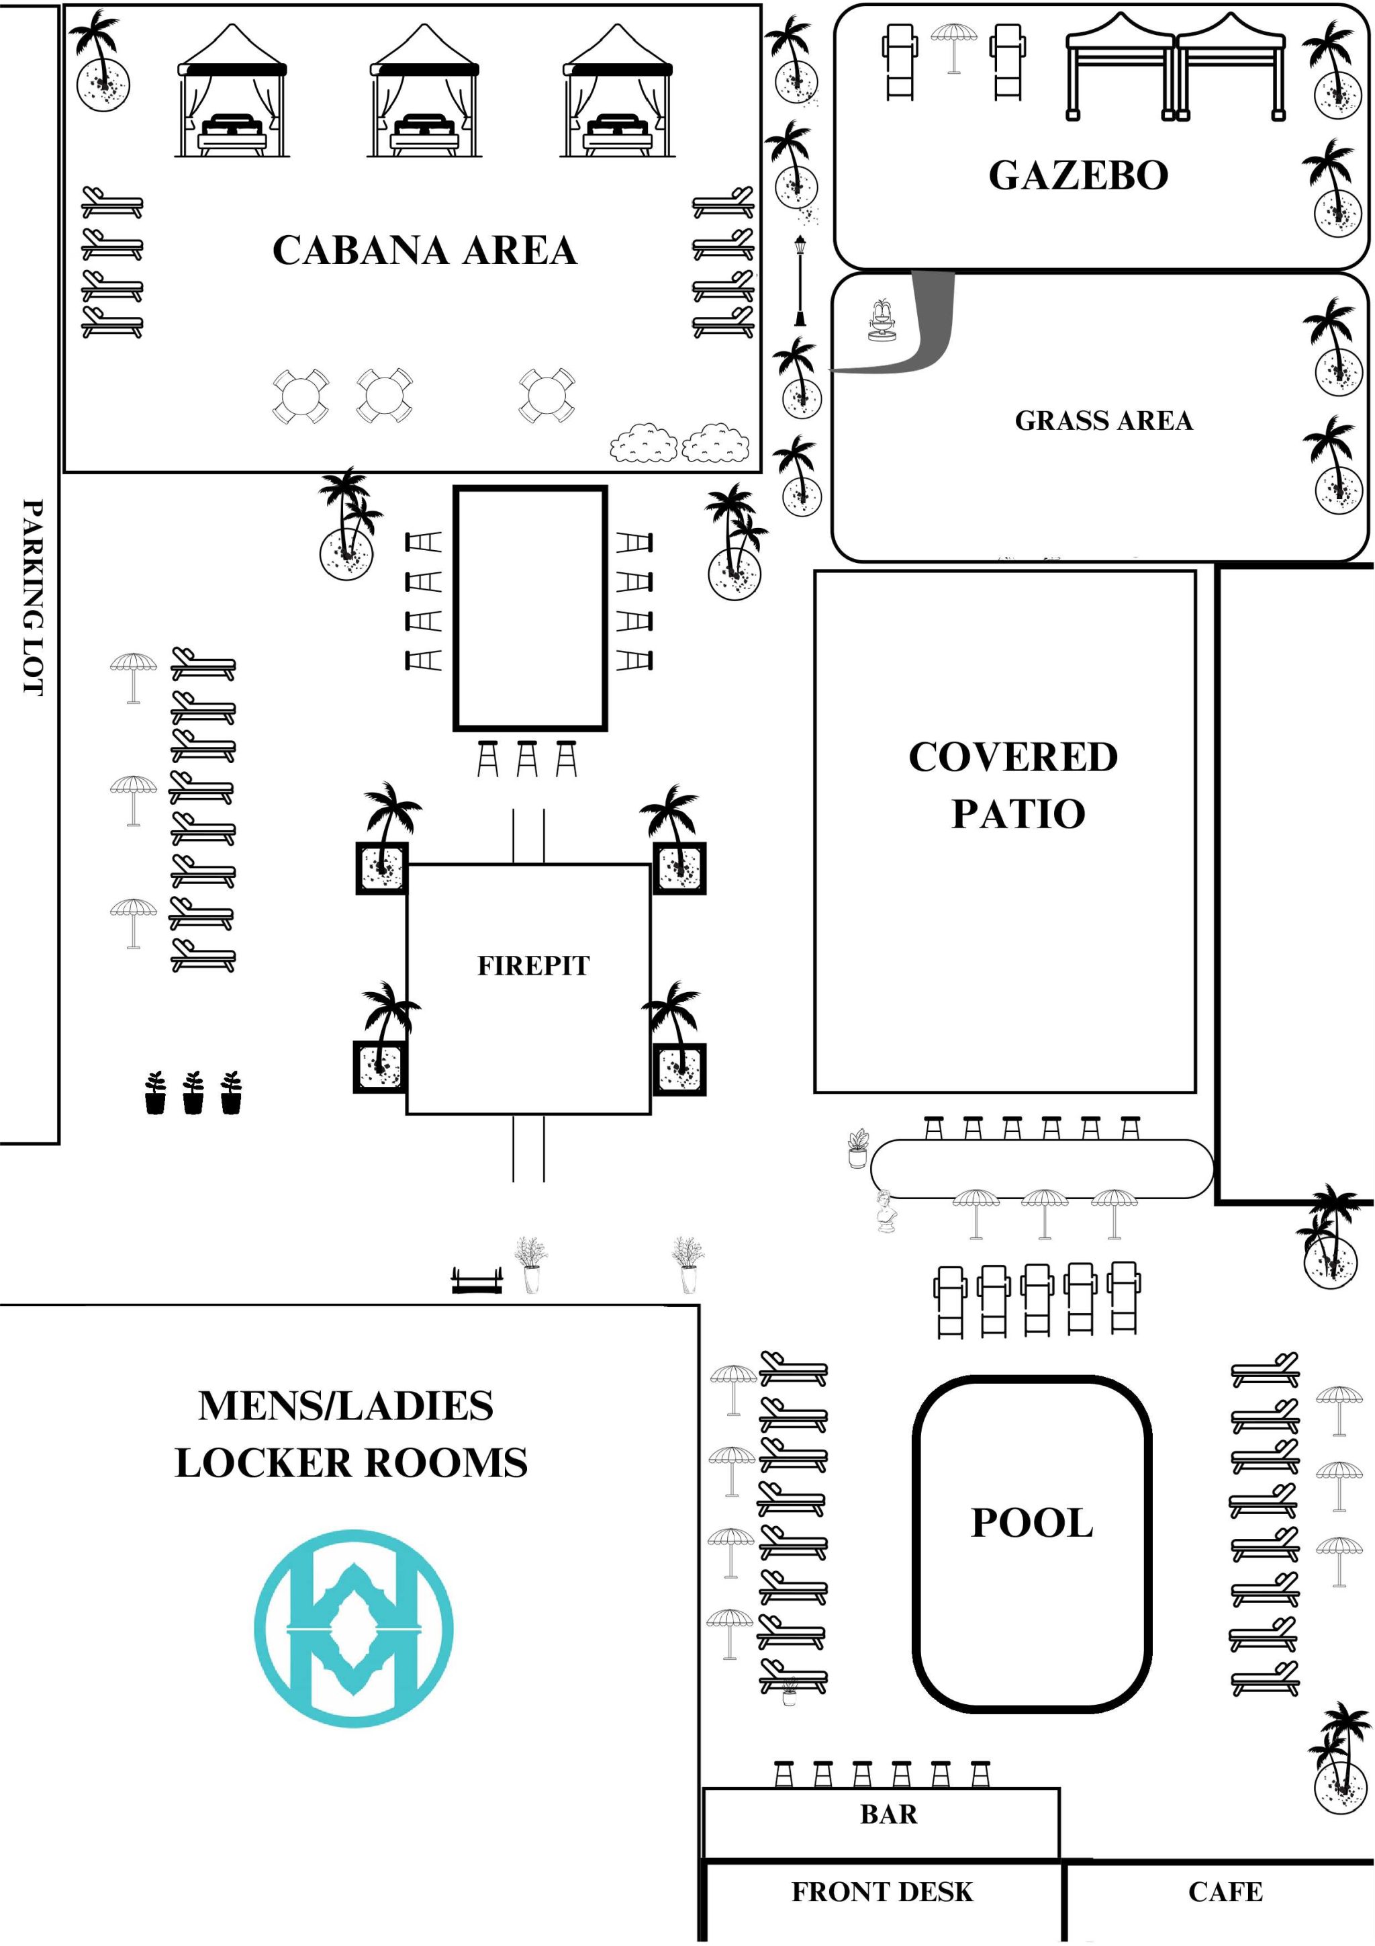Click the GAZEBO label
tap(1078, 175)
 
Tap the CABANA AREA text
tap(424, 250)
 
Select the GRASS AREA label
tap(1103, 421)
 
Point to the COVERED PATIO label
tap(1014, 785)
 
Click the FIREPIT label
tap(533, 965)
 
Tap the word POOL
tap(1032, 1522)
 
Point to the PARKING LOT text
tap(32, 598)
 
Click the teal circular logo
tap(354, 1628)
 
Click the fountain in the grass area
tap(882, 320)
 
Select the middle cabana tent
tap(424, 91)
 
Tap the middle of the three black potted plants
tap(193, 1092)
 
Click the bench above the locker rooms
tap(476, 1280)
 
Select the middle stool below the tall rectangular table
tap(527, 758)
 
